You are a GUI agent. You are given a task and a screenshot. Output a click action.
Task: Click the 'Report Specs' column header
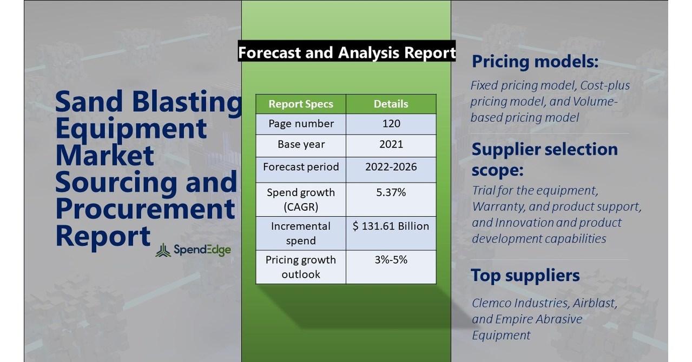click(301, 104)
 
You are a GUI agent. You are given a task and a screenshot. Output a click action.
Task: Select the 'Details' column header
click(391, 104)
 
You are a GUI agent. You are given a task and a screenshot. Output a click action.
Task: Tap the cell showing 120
click(391, 124)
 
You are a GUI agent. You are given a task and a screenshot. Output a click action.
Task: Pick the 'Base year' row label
click(301, 145)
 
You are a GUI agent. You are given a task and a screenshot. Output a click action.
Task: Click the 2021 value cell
click(391, 145)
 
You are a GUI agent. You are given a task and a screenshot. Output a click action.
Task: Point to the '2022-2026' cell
click(391, 166)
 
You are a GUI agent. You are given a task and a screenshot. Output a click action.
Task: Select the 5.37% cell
click(391, 192)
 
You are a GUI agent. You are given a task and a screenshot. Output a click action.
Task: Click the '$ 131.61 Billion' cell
click(391, 226)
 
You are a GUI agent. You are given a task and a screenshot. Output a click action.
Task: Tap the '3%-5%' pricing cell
click(391, 260)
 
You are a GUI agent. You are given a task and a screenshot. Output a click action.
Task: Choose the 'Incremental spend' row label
click(301, 233)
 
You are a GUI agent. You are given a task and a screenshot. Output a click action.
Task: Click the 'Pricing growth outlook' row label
click(301, 267)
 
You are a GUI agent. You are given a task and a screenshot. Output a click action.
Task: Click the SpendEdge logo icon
click(163, 250)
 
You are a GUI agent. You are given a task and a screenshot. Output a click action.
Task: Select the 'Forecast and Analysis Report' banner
click(347, 52)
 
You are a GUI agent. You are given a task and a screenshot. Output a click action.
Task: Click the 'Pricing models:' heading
click(535, 62)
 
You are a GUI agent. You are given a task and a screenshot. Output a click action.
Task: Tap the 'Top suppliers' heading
click(525, 275)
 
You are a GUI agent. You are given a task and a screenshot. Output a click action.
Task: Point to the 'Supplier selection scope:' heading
click(544, 159)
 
